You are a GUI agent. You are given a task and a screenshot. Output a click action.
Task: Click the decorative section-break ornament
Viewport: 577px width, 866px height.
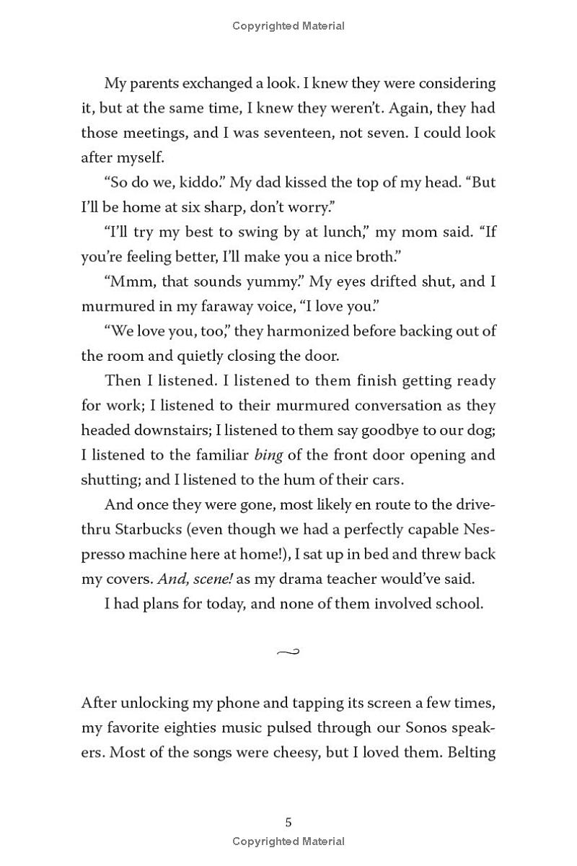click(x=288, y=652)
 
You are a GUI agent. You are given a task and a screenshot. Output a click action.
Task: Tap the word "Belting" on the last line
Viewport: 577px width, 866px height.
click(x=471, y=752)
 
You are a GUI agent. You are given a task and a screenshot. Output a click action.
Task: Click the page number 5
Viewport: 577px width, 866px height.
click(x=288, y=822)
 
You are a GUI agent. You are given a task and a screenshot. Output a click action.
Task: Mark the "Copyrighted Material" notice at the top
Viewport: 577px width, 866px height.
click(x=288, y=26)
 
